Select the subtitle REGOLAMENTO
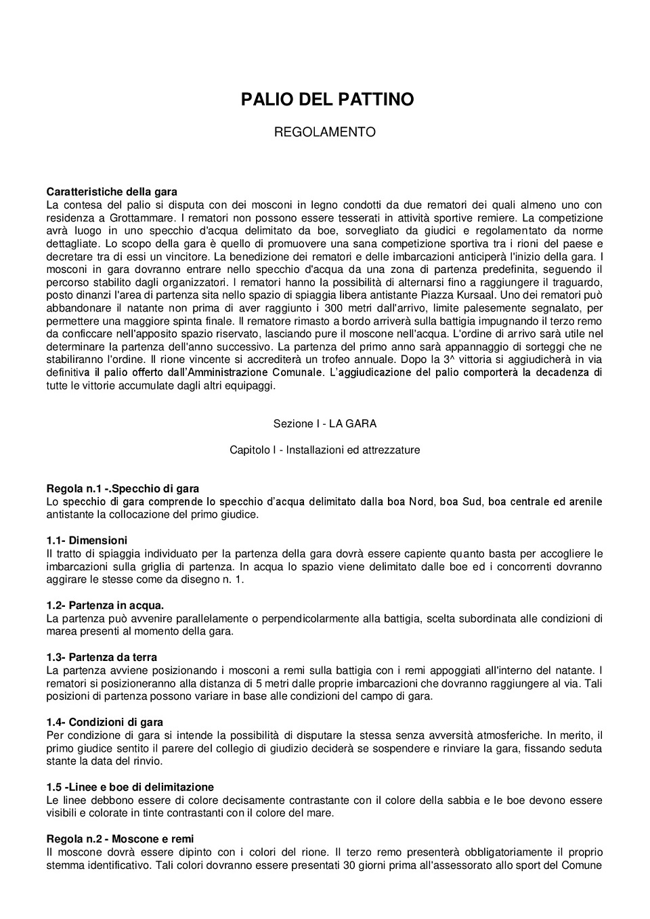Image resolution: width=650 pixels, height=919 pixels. pos(324,132)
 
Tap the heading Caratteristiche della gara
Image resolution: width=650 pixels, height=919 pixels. pos(112,192)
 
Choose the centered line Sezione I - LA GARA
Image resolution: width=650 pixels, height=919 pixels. pos(324,424)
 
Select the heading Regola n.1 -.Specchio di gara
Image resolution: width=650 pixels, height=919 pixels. pos(123,488)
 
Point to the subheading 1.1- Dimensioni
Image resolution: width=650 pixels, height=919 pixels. pos(87,540)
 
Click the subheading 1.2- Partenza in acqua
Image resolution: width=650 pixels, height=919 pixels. pos(105,605)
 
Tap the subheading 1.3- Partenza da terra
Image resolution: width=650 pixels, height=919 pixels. pos(102,657)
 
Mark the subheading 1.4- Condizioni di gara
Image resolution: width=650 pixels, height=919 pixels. pos(105,722)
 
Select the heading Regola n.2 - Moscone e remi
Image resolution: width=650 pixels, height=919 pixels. pos(120,839)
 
